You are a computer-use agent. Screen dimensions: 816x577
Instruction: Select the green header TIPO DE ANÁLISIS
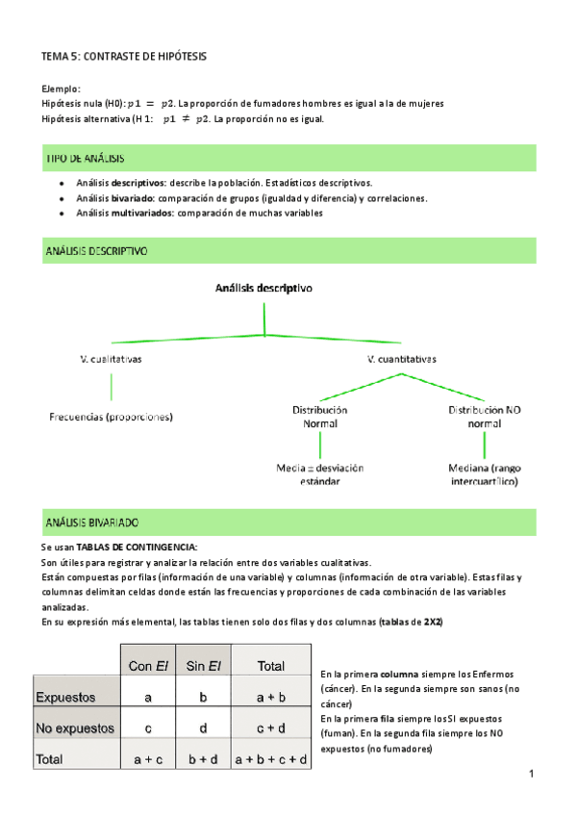86,158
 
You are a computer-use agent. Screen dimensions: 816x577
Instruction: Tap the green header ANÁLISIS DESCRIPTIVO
96,251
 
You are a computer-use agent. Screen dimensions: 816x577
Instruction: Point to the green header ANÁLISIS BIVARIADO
92,522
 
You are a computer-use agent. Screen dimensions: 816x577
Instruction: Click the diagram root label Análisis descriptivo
263,287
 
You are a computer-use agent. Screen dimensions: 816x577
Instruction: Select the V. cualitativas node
112,359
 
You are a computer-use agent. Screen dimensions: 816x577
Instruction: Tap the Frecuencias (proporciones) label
111,417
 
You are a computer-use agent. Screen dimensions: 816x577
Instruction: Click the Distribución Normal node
320,416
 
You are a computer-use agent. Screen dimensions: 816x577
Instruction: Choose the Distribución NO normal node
484,416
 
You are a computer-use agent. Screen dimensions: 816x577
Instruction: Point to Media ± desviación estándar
320,474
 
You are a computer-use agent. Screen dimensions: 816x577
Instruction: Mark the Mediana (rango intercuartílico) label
485,474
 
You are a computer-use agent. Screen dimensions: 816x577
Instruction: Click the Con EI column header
148,665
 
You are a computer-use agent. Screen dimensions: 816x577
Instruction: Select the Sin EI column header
205,665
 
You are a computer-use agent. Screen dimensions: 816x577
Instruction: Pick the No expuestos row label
74,728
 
